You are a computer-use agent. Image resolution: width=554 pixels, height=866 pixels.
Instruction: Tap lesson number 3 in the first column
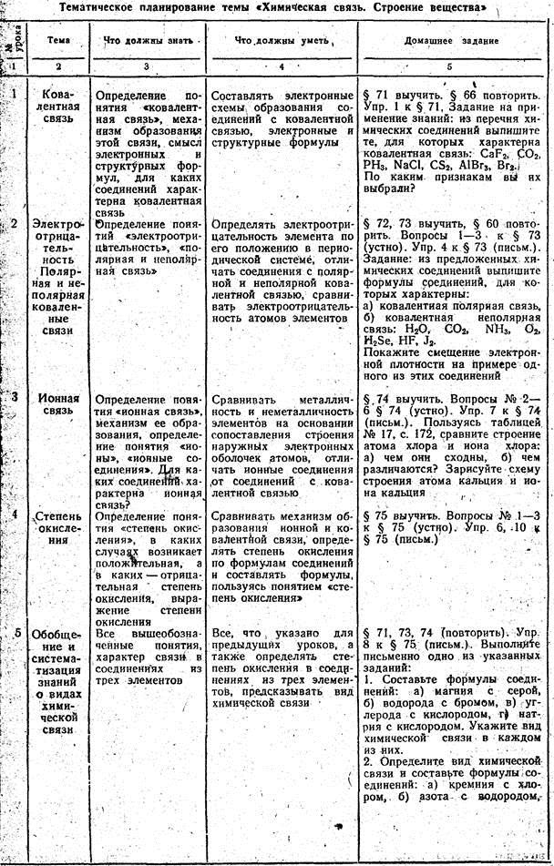(15, 397)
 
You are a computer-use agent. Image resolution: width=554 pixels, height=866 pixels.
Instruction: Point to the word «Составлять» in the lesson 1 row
(247, 95)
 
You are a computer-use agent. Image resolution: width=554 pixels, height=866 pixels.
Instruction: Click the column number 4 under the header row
(279, 66)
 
